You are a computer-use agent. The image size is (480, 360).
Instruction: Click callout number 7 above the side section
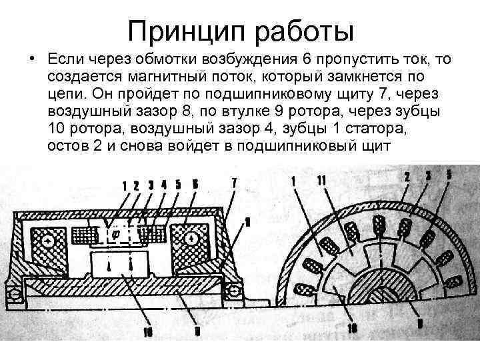coord(233,181)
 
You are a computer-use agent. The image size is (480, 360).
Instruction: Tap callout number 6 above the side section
coord(193,183)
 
